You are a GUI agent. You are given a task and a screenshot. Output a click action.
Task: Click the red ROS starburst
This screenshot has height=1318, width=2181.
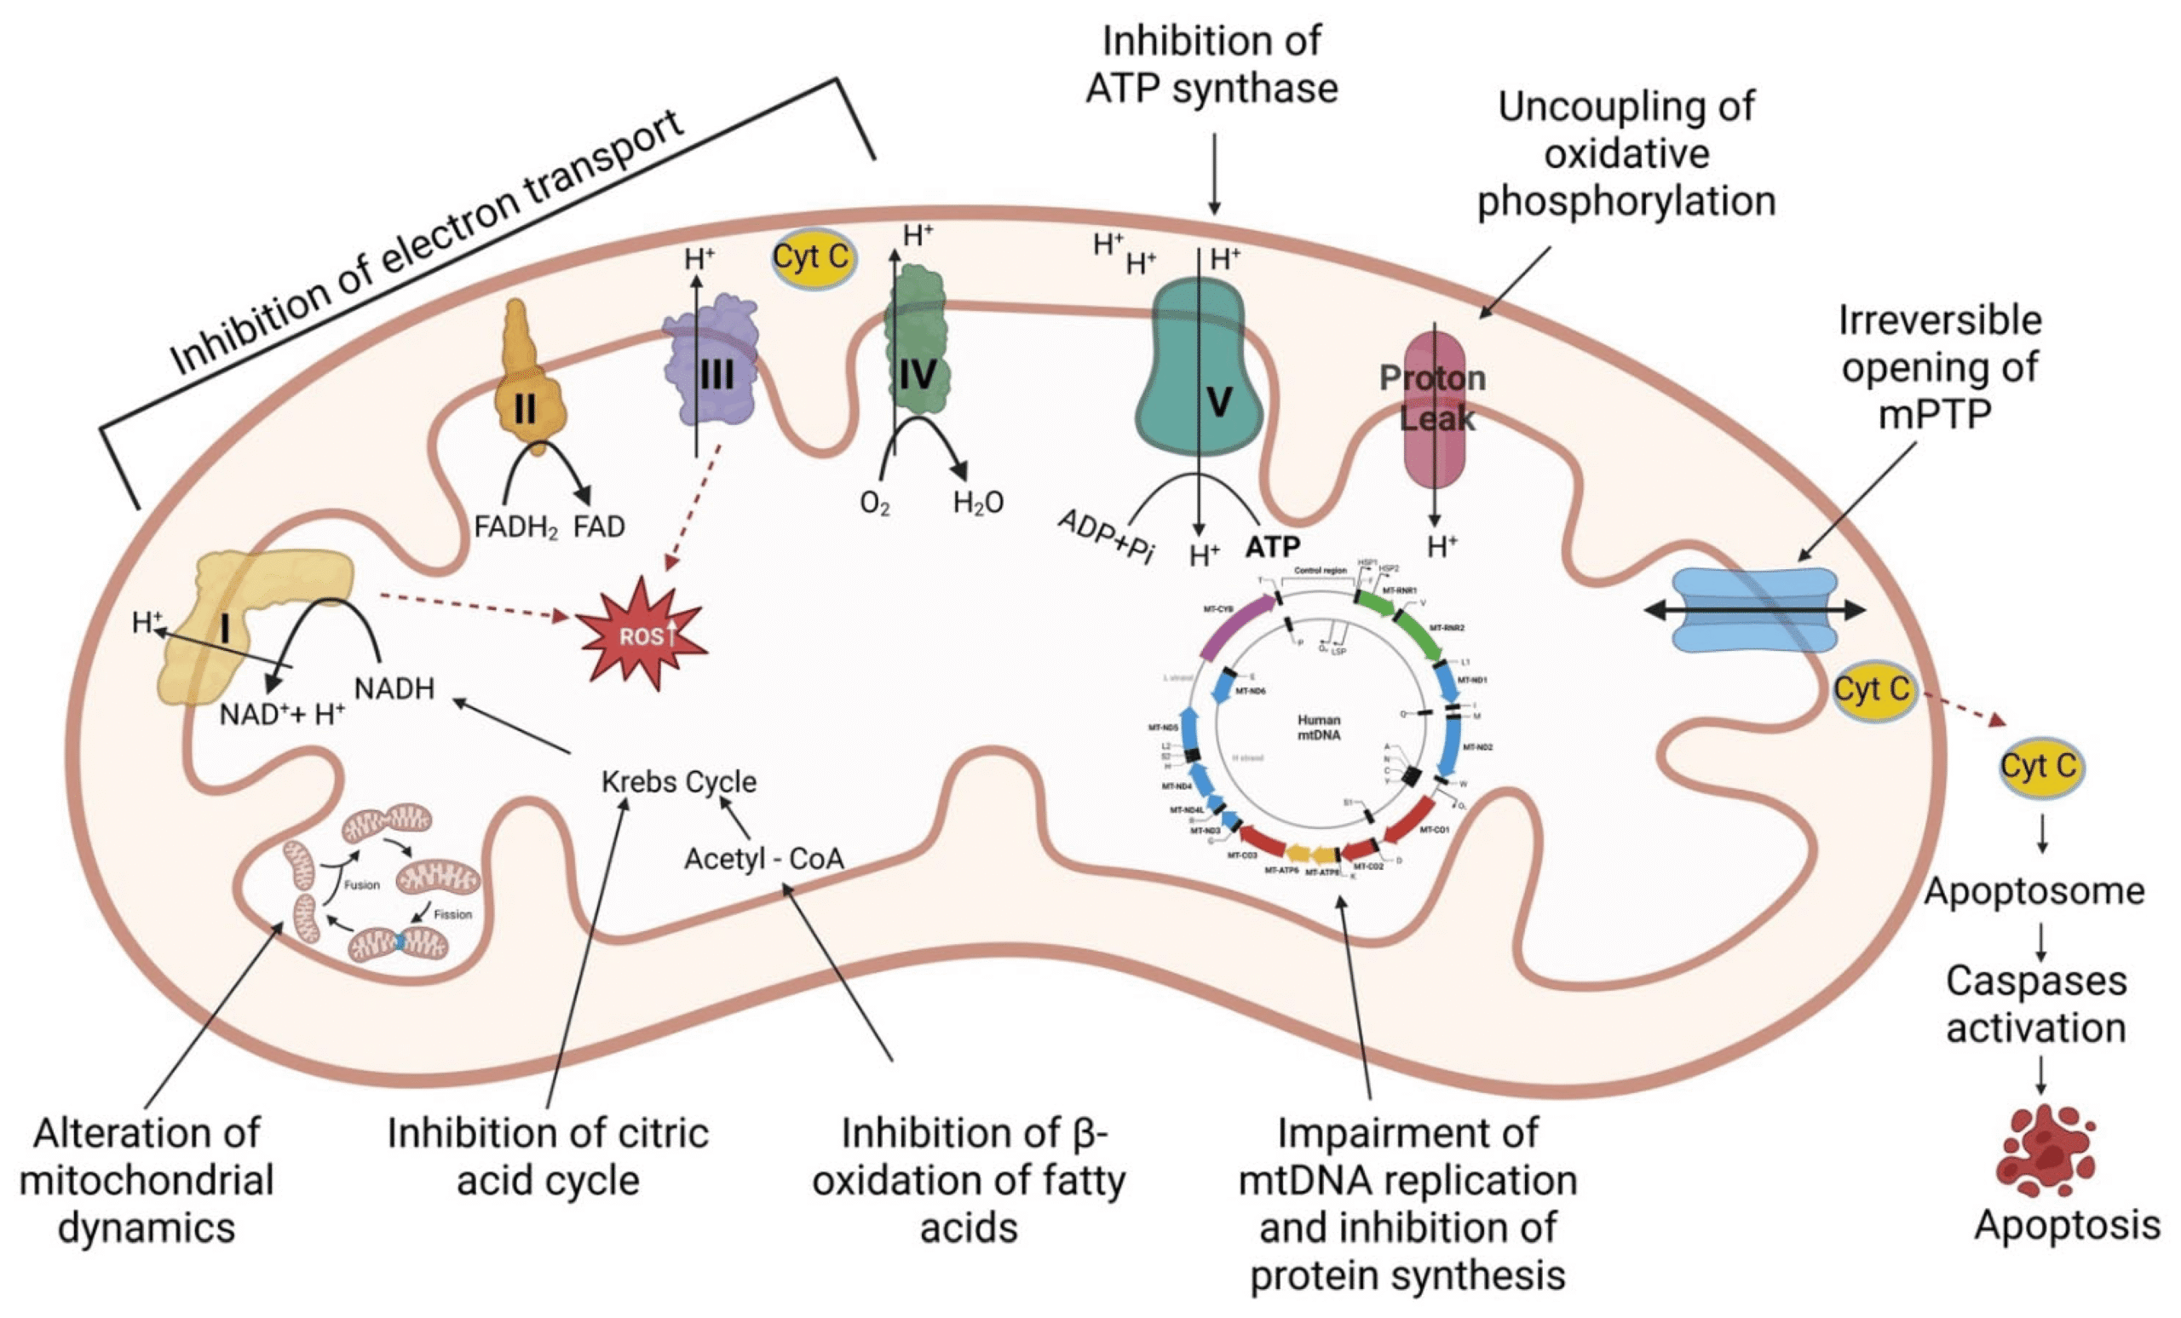pos(642,634)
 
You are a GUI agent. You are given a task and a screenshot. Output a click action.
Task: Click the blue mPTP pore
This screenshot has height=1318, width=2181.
pos(1754,610)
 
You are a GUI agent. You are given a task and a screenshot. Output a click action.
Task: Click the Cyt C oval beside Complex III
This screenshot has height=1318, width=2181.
pos(812,257)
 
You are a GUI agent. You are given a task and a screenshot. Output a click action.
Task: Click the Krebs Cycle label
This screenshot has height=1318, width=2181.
pos(679,781)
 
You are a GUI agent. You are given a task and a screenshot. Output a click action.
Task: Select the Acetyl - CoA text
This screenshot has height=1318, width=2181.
pos(764,859)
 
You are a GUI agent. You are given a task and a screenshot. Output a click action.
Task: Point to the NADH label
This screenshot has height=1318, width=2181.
pos(394,688)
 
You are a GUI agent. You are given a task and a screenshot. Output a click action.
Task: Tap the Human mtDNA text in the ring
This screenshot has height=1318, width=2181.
pos(1319,728)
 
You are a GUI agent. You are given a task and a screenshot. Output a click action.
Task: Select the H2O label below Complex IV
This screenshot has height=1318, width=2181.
pos(978,504)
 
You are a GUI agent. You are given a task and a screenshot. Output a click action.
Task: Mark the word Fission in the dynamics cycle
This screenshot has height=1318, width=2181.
pos(452,914)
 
